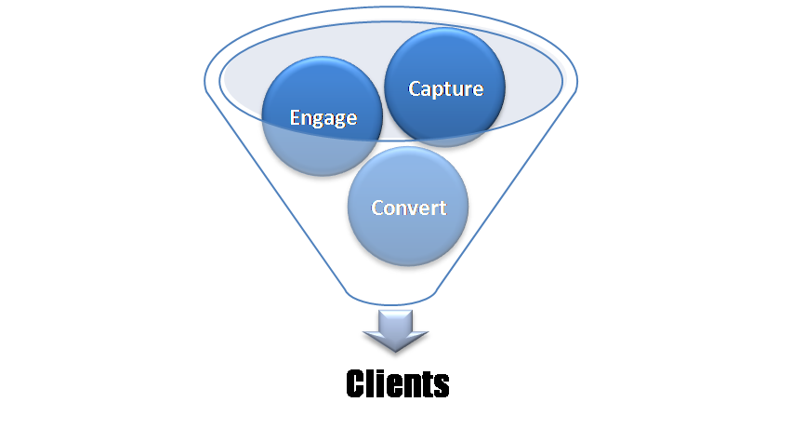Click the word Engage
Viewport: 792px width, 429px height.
tap(323, 118)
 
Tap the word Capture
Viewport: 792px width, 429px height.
tap(446, 89)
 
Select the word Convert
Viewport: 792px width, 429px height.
tap(408, 208)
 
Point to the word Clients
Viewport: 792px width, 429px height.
tap(398, 383)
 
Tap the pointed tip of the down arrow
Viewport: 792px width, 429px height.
tap(395, 355)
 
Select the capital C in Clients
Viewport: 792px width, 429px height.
tap(358, 383)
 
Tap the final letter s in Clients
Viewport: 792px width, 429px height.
tap(442, 384)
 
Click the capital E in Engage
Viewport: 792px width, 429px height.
tap(295, 118)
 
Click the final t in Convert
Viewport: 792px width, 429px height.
tap(442, 208)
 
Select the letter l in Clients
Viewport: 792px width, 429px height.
tap(374, 382)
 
